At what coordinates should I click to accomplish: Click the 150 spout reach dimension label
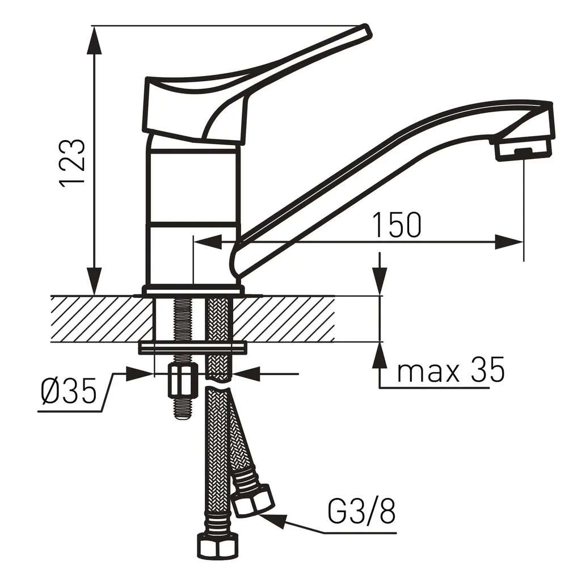(x=397, y=225)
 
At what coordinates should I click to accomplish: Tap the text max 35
(x=450, y=372)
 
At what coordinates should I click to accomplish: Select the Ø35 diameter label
(x=68, y=392)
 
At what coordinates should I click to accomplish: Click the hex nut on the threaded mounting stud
(x=182, y=382)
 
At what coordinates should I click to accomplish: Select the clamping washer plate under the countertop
(x=193, y=347)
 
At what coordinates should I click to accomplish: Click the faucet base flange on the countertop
(x=193, y=290)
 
